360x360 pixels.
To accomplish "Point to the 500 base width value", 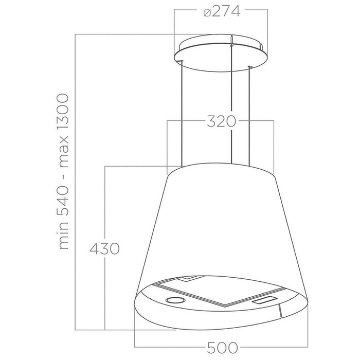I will click(x=222, y=348).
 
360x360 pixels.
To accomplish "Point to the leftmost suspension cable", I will click(x=182, y=113).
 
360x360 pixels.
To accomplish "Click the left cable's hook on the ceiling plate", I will click(x=182, y=62).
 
